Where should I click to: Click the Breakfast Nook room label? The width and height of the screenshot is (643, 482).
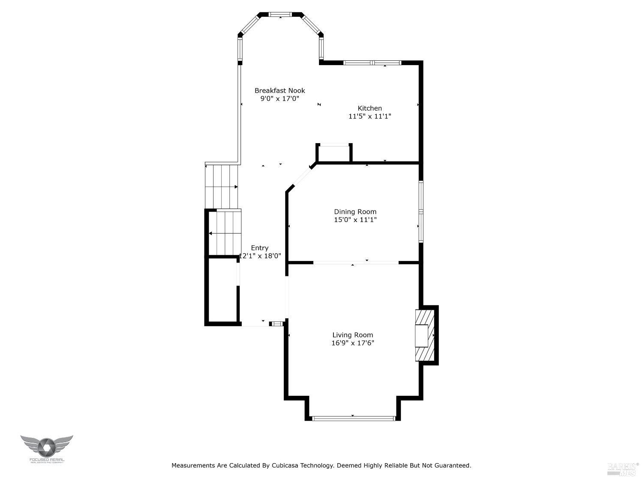point(279,90)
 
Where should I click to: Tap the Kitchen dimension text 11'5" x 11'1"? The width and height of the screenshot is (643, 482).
point(370,116)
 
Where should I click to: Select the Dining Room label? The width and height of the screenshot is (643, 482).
point(355,212)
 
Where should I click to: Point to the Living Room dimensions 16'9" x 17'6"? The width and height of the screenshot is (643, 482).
point(352,343)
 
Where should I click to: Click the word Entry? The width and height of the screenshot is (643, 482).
point(260,248)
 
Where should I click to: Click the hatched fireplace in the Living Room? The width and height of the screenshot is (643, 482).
point(424,335)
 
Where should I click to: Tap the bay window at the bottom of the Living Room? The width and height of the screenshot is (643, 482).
point(353,418)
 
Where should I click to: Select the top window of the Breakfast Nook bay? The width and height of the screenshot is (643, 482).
point(280,14)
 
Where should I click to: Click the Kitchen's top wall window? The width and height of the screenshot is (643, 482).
point(372,63)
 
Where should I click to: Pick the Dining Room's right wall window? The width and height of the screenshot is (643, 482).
point(421,212)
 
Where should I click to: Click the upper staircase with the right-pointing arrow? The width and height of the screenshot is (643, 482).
point(222,186)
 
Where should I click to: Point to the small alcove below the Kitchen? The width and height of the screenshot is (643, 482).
point(334,153)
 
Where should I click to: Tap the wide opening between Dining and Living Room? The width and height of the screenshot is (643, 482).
point(356,262)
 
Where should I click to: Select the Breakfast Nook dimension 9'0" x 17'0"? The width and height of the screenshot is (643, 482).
point(279,99)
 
